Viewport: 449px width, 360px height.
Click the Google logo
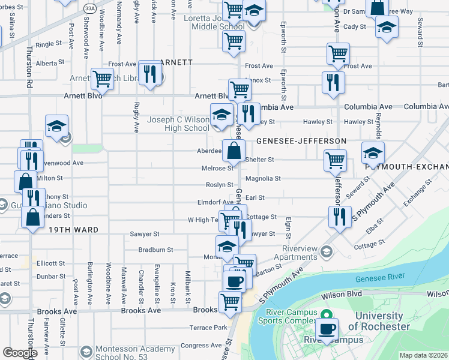click(20, 353)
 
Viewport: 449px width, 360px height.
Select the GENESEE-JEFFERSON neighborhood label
click(301, 141)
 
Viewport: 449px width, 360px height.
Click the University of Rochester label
click(379, 322)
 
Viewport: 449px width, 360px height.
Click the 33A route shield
click(90, 8)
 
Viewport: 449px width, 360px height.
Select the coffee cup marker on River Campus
click(327, 329)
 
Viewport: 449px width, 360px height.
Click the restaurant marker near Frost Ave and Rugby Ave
click(149, 73)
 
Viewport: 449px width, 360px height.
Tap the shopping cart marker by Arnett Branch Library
click(102, 77)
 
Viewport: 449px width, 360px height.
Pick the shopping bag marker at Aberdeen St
click(234, 150)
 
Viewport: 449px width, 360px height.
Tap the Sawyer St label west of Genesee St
click(145, 234)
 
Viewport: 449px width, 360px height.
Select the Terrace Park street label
click(209, 328)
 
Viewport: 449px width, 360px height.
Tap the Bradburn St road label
click(155, 250)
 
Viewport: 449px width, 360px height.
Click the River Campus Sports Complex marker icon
click(327, 314)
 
